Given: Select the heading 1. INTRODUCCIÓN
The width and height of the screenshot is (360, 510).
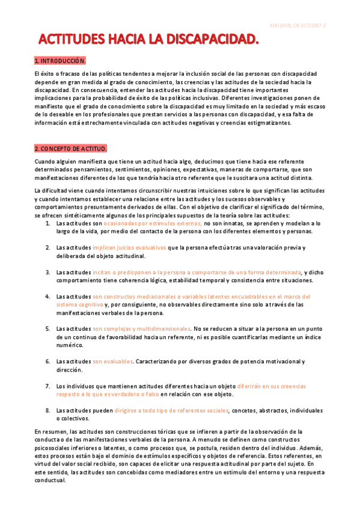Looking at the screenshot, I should (x=60, y=61).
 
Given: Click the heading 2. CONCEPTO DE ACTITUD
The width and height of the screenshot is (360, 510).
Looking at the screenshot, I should (x=71, y=148).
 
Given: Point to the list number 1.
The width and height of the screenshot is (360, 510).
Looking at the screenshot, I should (x=48, y=223).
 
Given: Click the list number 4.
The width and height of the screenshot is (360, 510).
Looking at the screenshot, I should (x=48, y=296).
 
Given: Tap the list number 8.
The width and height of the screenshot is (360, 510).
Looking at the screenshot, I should (x=48, y=410).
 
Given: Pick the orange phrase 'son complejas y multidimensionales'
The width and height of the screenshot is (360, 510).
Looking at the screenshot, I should (x=141, y=329).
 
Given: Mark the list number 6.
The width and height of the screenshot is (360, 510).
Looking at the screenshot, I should (x=48, y=361).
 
